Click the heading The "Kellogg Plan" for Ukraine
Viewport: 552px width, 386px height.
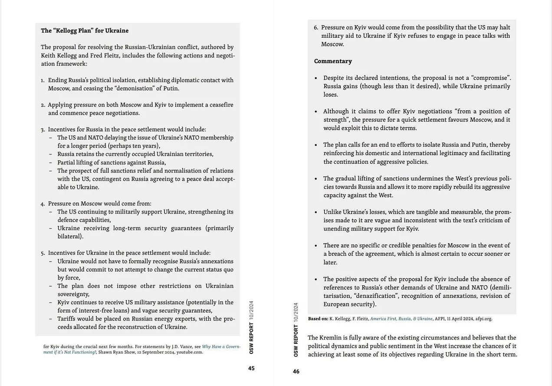pyautogui.click(x=85, y=31)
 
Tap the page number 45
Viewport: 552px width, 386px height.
pyautogui.click(x=251, y=368)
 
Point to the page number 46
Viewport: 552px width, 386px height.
pyautogui.click(x=296, y=371)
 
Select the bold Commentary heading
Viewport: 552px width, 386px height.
pyautogui.click(x=333, y=61)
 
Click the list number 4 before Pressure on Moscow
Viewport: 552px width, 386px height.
pyautogui.click(x=43, y=204)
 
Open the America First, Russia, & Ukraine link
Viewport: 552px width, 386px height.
pyautogui.click(x=401, y=319)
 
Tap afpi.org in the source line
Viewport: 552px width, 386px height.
pyautogui.click(x=484, y=319)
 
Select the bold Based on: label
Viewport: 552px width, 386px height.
pyautogui.click(x=318, y=319)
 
